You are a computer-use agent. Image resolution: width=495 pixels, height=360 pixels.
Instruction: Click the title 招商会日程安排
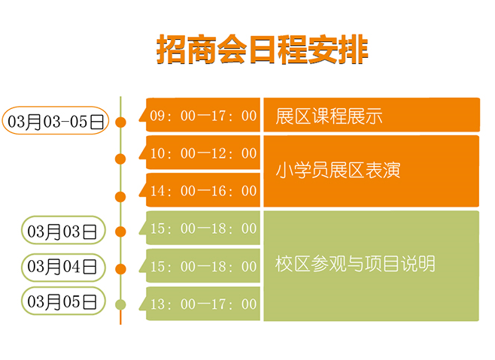(263, 50)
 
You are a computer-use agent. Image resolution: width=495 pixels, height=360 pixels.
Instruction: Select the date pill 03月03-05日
(56, 120)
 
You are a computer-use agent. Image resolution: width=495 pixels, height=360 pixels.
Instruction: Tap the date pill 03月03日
(63, 230)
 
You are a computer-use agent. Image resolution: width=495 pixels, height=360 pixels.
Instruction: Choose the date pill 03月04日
(63, 268)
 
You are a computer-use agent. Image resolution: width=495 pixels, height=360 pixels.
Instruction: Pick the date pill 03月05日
(63, 301)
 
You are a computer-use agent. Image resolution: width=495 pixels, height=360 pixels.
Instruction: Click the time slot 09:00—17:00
(203, 116)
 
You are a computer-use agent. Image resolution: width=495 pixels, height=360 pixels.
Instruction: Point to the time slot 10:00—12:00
(203, 153)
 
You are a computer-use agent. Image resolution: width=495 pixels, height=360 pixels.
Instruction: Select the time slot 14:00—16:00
(203, 191)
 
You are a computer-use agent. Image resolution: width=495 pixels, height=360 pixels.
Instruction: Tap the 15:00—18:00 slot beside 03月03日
(203, 228)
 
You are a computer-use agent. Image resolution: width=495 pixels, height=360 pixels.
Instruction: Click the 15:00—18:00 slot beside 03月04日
(203, 266)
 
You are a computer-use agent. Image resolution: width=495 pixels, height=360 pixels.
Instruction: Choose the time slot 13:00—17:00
(203, 304)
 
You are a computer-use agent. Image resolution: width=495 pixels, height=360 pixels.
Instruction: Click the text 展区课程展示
(329, 116)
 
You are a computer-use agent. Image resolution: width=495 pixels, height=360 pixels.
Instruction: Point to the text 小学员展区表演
(338, 171)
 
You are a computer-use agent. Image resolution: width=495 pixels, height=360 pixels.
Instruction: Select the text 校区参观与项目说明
(355, 264)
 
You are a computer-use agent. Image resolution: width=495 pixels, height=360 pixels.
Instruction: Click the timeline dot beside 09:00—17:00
(120, 122)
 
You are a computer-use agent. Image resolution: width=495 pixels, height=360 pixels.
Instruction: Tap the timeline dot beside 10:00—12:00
(120, 159)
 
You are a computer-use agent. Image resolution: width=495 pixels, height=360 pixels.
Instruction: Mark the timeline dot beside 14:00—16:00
(120, 197)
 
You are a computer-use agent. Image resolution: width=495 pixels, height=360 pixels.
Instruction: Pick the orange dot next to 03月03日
(120, 231)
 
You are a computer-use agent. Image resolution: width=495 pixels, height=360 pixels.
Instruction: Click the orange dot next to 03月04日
(120, 269)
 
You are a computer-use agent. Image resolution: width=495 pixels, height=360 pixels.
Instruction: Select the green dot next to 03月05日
(120, 305)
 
